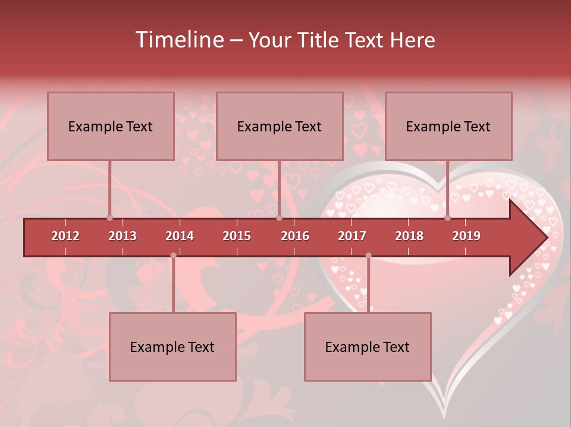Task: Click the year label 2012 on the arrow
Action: pyautogui.click(x=65, y=236)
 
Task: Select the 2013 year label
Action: pyautogui.click(x=123, y=236)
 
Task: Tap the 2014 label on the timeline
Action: pyautogui.click(x=180, y=236)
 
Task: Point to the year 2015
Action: pyautogui.click(x=237, y=236)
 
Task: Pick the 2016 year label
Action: pyautogui.click(x=295, y=236)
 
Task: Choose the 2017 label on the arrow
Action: pyautogui.click(x=352, y=236)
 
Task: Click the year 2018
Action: pyautogui.click(x=409, y=236)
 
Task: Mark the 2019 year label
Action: pyautogui.click(x=466, y=236)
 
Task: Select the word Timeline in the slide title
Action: pyautogui.click(x=179, y=40)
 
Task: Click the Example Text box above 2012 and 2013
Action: pyautogui.click(x=111, y=126)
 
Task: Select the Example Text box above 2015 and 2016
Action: pyautogui.click(x=280, y=126)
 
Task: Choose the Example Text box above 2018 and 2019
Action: pyautogui.click(x=448, y=126)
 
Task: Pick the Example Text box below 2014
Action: pyautogui.click(x=172, y=347)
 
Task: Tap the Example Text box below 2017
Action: pyautogui.click(x=368, y=347)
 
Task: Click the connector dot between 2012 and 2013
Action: pyautogui.click(x=109, y=218)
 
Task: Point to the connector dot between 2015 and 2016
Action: pyautogui.click(x=279, y=218)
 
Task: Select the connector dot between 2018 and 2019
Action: pyautogui.click(x=447, y=218)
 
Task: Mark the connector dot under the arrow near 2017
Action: pyautogui.click(x=368, y=256)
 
